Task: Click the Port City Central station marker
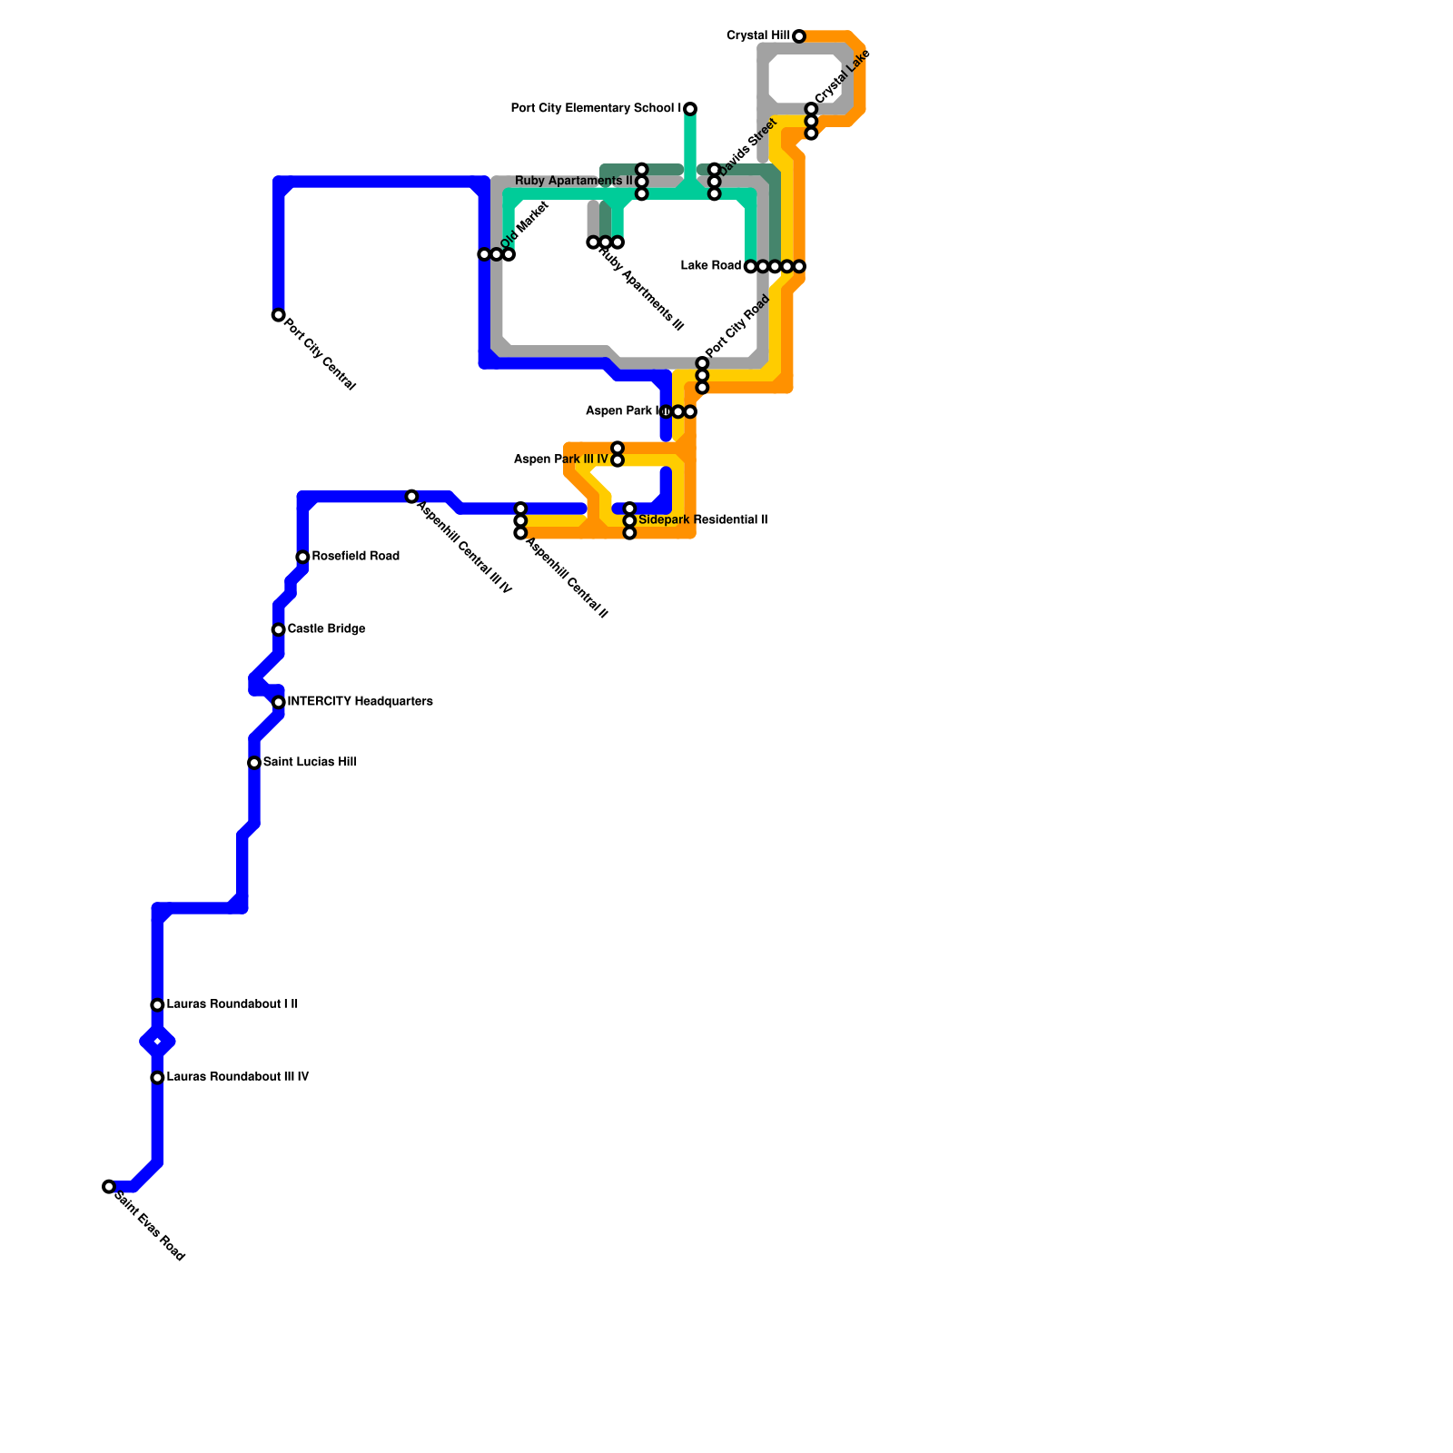click(x=278, y=315)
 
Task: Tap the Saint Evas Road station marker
click(x=109, y=1186)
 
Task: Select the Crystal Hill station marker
click(x=798, y=36)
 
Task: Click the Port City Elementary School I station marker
click(x=690, y=109)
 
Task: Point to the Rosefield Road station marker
click(x=302, y=557)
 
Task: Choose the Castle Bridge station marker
click(x=278, y=629)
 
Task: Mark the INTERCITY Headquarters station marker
click(x=279, y=702)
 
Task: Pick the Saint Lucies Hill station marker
click(x=254, y=763)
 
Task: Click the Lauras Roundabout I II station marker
click(x=157, y=1004)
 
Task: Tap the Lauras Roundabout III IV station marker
click(x=157, y=1077)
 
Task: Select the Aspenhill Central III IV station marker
click(x=411, y=497)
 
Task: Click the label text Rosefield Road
click(x=356, y=556)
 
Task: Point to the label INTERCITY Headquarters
click(x=360, y=701)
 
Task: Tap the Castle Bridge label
click(x=326, y=628)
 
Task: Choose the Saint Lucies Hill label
click(x=310, y=762)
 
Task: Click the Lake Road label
click(x=711, y=265)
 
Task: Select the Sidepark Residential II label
click(x=703, y=519)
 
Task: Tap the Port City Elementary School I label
click(x=596, y=108)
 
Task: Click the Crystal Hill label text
click(x=758, y=35)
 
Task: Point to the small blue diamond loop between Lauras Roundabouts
click(x=157, y=1042)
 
